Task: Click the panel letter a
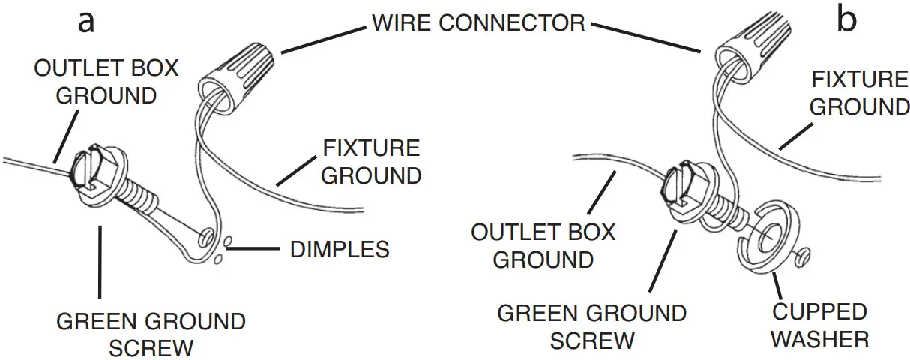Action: (87, 22)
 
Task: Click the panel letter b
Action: (846, 21)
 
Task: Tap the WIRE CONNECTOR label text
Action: (478, 22)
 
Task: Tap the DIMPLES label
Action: (339, 249)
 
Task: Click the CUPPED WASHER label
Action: (819, 325)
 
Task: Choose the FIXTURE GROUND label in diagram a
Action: (372, 161)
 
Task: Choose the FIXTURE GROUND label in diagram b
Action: (859, 92)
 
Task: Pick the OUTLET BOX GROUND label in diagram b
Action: (543, 245)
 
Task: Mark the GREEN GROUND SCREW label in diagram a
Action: (151, 334)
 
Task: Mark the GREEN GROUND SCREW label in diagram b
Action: (592, 325)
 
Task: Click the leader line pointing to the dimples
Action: (259, 247)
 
